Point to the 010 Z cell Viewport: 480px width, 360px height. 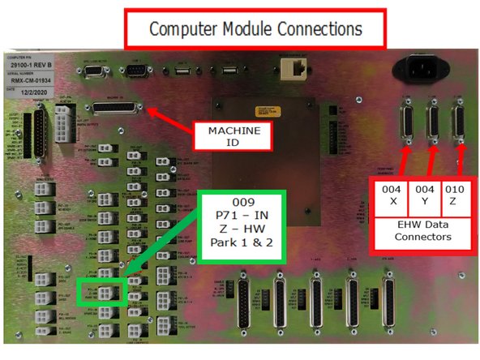pos(455,195)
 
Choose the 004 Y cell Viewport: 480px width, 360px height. pos(424,195)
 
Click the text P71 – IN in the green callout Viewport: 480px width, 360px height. pos(242,216)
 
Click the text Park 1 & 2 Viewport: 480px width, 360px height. pos(242,246)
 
